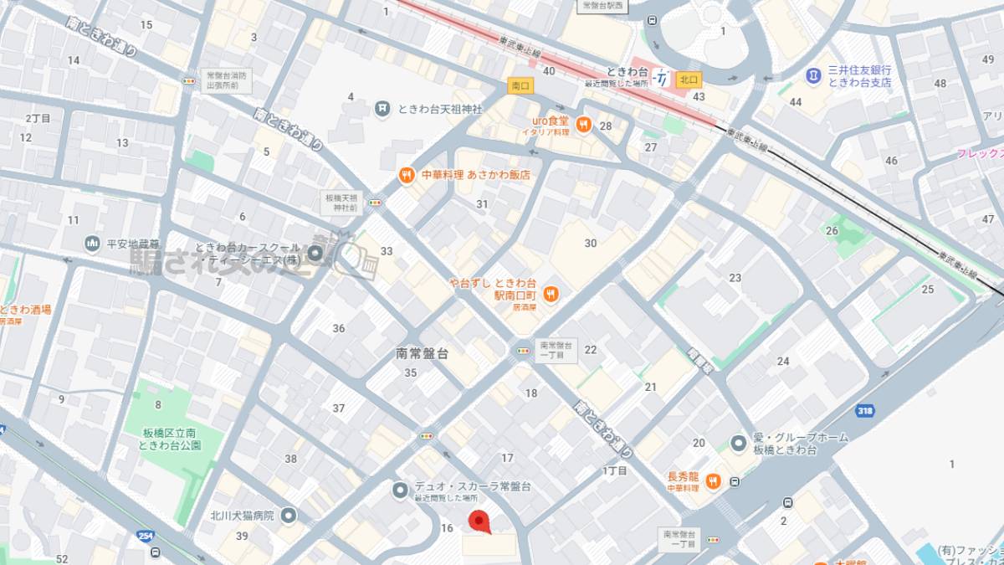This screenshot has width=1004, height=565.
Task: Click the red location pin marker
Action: point(478,521)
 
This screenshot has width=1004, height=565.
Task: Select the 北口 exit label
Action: point(689,80)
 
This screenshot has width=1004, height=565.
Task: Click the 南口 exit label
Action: point(520,85)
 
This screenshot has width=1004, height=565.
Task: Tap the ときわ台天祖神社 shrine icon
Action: point(382,107)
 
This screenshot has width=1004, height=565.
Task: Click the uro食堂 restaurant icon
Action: point(583,125)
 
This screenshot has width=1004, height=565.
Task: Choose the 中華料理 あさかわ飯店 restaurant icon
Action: point(406,175)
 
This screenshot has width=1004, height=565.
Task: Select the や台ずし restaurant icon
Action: point(551,293)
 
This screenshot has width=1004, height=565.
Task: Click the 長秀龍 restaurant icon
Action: point(713,481)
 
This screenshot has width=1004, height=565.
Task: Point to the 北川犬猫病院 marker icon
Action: point(289,515)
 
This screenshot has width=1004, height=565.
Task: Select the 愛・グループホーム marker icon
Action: point(738,442)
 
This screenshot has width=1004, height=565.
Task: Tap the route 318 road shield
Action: point(865,410)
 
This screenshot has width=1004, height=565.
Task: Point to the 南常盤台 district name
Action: point(422,353)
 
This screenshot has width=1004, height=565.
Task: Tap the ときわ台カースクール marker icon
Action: point(316,253)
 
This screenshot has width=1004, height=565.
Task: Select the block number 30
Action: point(591,243)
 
